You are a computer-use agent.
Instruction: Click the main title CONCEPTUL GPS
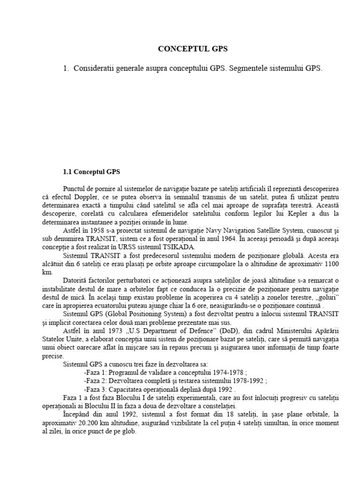point(193,48)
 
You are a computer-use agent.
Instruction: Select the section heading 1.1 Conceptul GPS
point(91,171)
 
